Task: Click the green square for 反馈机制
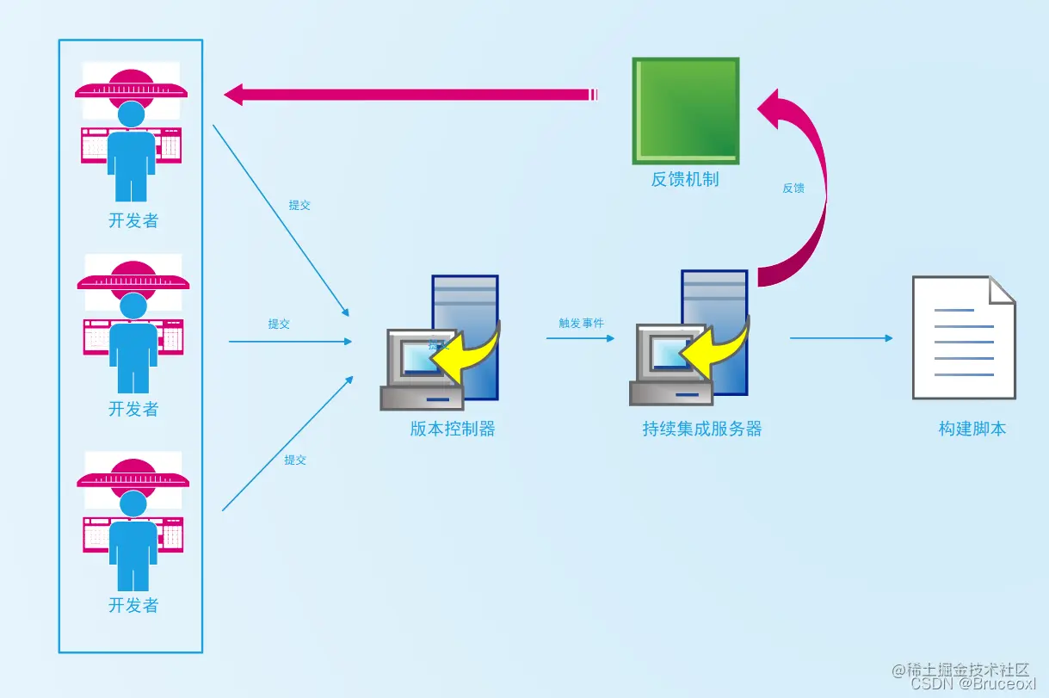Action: click(686, 110)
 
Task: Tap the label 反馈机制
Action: click(685, 180)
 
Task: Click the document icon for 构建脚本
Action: click(963, 337)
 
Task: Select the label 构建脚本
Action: click(972, 429)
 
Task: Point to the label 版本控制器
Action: click(453, 429)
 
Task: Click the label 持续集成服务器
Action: click(702, 429)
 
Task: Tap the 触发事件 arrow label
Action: click(581, 324)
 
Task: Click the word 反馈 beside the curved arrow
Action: click(793, 188)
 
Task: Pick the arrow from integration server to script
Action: click(841, 338)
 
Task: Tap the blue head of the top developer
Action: click(132, 114)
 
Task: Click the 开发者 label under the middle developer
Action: click(133, 409)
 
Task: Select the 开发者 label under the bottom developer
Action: click(133, 605)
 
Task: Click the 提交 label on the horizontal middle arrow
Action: click(279, 324)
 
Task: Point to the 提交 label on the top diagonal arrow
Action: click(299, 206)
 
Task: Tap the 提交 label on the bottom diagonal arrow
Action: click(295, 460)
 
